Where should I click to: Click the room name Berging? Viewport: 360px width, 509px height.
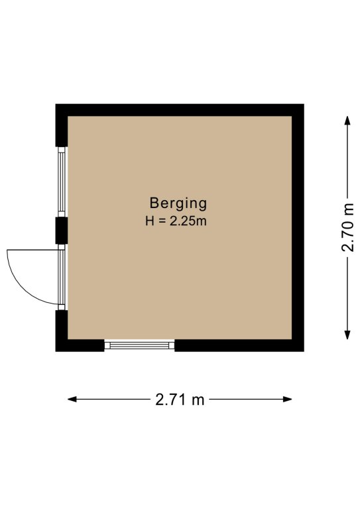178,204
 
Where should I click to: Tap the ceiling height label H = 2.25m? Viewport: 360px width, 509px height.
176,221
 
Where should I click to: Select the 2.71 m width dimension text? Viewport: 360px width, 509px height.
180,399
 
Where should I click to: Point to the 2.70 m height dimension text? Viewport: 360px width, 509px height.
347,227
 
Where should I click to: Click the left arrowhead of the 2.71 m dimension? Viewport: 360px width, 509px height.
72,399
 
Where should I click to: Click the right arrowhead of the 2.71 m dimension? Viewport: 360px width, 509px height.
288,399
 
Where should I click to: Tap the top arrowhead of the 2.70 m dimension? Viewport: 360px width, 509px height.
347,121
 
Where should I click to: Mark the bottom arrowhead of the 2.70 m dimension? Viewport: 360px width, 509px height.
347,335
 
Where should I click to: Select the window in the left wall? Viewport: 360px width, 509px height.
62,182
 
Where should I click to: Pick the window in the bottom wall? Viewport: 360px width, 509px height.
139,345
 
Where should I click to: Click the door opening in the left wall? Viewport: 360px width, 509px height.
62,277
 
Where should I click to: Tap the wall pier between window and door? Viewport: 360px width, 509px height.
62,231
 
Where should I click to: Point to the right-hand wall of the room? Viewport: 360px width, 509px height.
298,227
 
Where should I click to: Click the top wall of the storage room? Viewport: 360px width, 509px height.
180,110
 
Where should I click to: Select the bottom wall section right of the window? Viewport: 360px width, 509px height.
239,345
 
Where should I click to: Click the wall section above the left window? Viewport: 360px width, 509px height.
62,125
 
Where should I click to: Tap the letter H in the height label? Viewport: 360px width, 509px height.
149,221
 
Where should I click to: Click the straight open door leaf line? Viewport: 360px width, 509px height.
32,250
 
